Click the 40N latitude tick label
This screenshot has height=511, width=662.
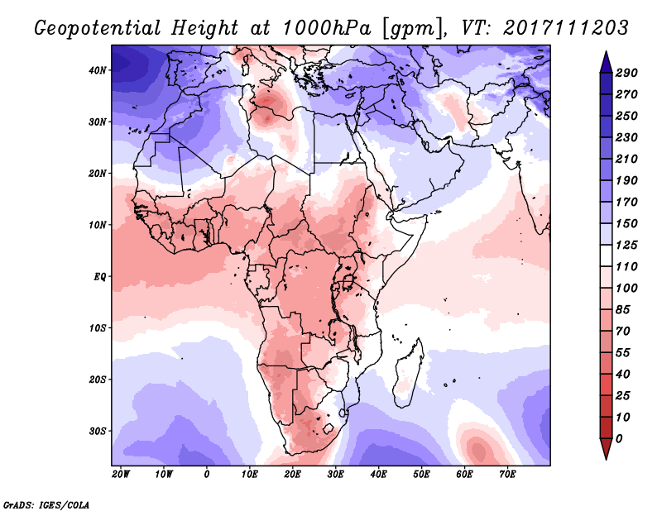coord(98,70)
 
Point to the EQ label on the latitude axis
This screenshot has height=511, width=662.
coord(100,276)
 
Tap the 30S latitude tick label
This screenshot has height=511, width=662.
coord(98,431)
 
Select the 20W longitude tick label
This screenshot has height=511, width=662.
coord(120,474)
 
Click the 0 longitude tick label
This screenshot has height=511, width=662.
coord(207,474)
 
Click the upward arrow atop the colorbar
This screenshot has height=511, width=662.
coord(606,62)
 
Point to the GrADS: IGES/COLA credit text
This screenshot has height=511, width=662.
coord(46,503)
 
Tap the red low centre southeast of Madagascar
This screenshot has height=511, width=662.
coord(478,451)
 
